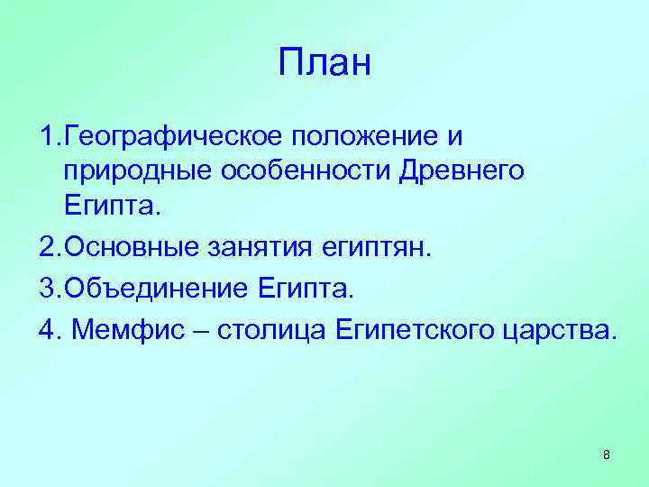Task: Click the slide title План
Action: tap(324, 64)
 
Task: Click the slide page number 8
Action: tap(606, 455)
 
